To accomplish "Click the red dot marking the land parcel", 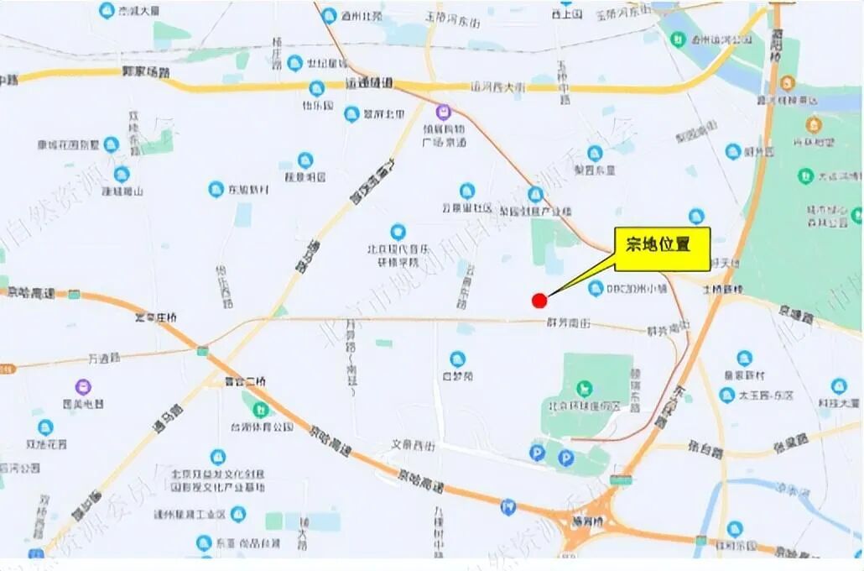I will (539, 300).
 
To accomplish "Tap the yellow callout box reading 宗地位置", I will (662, 249).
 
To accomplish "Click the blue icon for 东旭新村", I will (216, 190).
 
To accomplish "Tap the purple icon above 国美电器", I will (83, 387).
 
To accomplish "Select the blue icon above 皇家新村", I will (744, 359).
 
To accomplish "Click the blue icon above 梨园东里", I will (595, 154).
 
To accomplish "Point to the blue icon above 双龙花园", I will (46, 427).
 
